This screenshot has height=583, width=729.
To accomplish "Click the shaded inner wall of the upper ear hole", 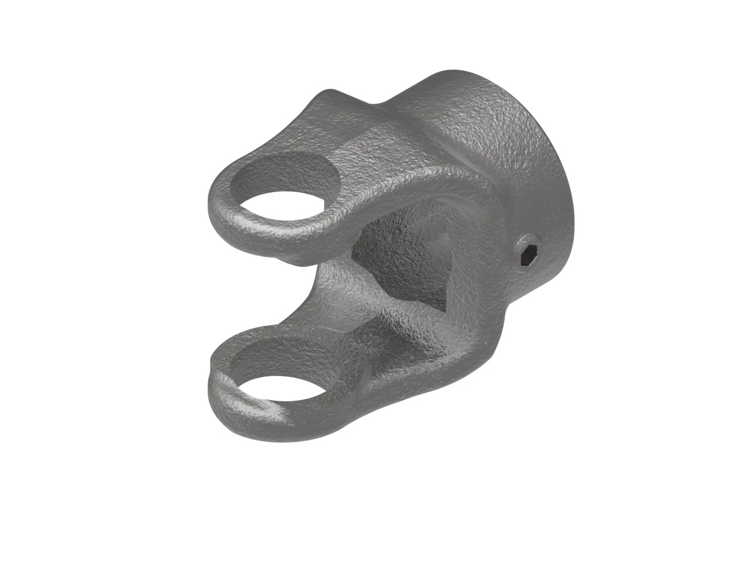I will point(285,171).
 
